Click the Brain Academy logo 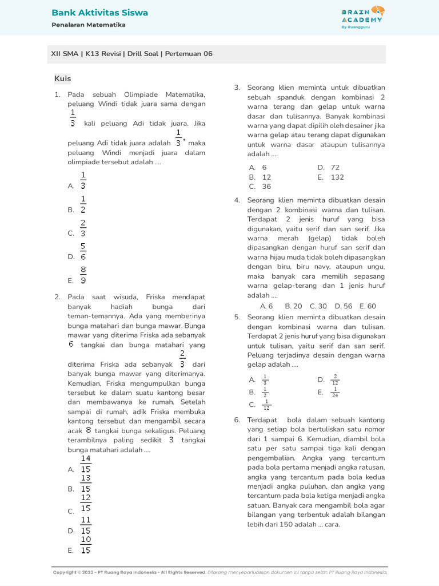(x=362, y=17)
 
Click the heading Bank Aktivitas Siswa (x=99, y=13)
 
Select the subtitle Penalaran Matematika (x=88, y=25)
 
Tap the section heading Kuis (x=62, y=78)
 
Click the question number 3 (x=237, y=88)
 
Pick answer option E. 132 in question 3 (x=330, y=177)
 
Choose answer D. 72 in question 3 (x=328, y=168)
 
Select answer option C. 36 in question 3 (x=260, y=187)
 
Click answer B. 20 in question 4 (x=293, y=306)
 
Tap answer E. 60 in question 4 (x=368, y=306)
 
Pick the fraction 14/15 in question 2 (x=86, y=464)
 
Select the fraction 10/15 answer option (x=86, y=545)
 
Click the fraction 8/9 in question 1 (x=83, y=275)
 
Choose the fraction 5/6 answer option (x=83, y=252)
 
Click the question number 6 (x=237, y=420)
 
